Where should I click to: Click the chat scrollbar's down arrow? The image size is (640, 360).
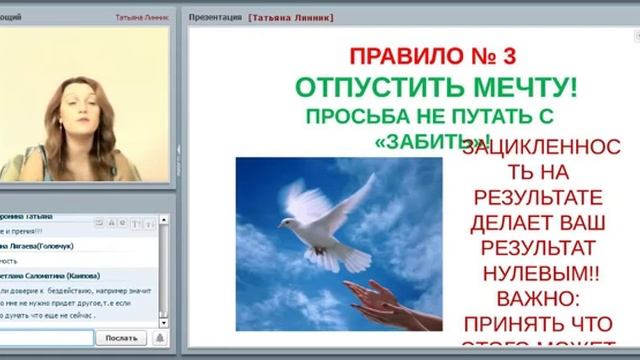point(164,321)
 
